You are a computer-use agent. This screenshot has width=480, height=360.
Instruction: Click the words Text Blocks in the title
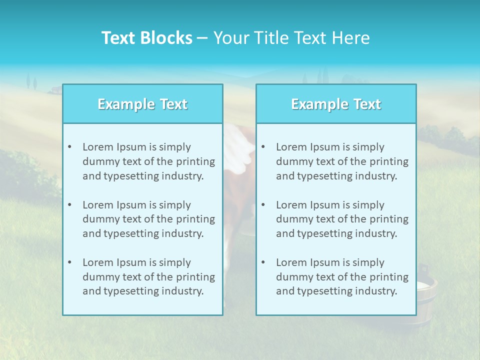(146, 38)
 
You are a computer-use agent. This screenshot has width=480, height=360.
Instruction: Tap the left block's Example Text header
(142, 104)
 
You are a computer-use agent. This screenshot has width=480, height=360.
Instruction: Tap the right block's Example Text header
(336, 104)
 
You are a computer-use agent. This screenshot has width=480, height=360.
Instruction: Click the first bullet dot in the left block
(69, 147)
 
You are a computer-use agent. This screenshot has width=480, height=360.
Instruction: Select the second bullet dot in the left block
(69, 205)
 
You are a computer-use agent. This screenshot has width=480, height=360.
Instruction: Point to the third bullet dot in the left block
(69, 262)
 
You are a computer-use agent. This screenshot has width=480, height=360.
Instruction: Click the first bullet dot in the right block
(263, 147)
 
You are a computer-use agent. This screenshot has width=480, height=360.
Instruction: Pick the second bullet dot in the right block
(263, 205)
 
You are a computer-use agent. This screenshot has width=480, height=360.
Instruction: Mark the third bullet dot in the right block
(263, 262)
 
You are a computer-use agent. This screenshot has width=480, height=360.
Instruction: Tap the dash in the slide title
(202, 38)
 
